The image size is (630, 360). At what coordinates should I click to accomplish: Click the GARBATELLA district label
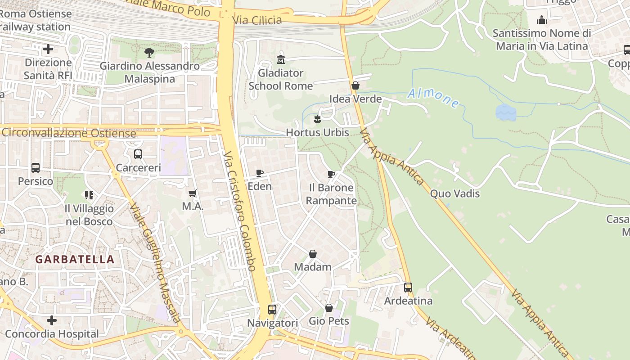click(x=75, y=259)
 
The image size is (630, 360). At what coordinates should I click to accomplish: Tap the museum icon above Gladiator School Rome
click(x=281, y=59)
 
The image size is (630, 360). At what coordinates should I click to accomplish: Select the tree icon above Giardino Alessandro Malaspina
click(x=149, y=53)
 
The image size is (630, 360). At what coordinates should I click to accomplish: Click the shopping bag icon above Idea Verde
click(x=355, y=85)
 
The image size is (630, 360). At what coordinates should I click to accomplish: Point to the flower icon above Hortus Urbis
click(x=318, y=119)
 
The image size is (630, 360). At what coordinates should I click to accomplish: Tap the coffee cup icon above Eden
click(x=260, y=173)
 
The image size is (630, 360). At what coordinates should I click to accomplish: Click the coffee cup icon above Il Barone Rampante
click(x=331, y=174)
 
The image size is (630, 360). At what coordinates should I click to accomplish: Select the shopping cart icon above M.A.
click(x=193, y=193)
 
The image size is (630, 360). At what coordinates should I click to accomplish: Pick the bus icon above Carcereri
click(x=138, y=154)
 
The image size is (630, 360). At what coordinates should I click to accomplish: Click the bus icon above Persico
click(x=36, y=168)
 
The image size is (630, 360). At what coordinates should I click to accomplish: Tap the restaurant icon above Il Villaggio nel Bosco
click(x=89, y=195)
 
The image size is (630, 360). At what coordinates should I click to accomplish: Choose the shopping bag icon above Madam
click(x=313, y=254)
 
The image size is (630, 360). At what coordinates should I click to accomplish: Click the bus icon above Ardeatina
click(x=408, y=287)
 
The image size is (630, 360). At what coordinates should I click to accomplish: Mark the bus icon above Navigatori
click(x=272, y=310)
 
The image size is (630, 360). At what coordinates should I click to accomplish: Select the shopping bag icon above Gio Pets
click(x=329, y=308)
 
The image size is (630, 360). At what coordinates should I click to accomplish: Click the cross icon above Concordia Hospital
click(x=52, y=320)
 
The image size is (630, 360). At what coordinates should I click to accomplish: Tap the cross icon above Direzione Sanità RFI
click(x=48, y=49)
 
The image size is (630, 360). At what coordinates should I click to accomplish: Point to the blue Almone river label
click(x=433, y=98)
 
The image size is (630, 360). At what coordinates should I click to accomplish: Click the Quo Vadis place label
click(x=455, y=193)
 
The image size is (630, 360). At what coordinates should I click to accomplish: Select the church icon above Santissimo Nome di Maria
click(x=542, y=20)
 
